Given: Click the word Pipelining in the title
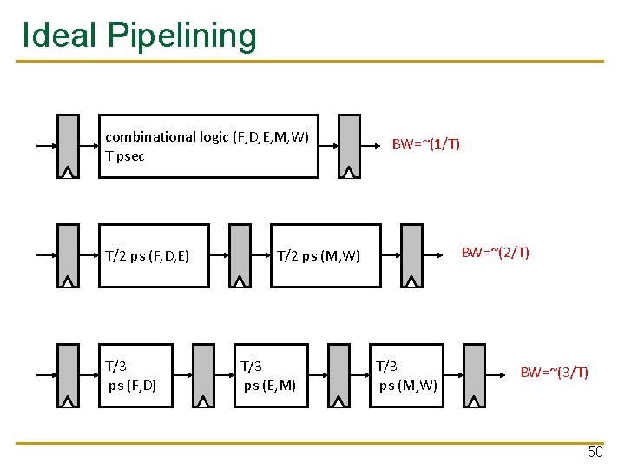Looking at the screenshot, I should (x=181, y=36).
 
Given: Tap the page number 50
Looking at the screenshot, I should (x=595, y=452).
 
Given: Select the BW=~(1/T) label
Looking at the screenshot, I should (x=425, y=143).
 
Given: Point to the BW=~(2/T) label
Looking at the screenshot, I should (x=495, y=253).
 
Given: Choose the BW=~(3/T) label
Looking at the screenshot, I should (x=554, y=373).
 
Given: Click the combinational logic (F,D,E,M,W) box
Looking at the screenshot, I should (x=208, y=146).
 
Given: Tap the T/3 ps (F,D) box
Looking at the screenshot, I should (x=135, y=375).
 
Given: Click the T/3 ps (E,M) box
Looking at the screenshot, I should (x=270, y=375).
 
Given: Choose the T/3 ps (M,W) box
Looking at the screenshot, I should (x=406, y=375).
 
